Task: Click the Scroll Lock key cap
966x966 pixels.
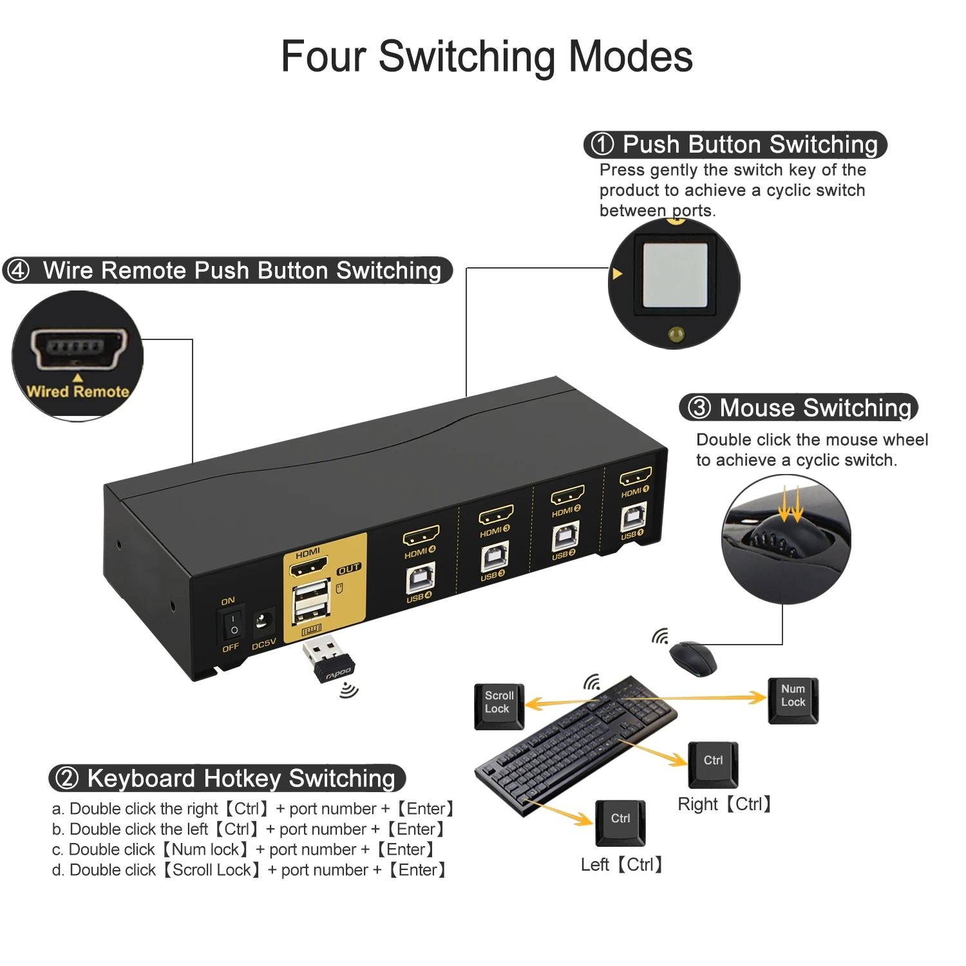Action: tap(499, 706)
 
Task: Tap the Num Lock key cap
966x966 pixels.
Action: tap(793, 699)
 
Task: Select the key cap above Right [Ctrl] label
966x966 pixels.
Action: tap(713, 764)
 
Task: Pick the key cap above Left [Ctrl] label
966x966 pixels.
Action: tap(620, 822)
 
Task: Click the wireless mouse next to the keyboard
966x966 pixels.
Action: tap(693, 658)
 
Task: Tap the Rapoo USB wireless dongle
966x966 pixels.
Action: tap(328, 659)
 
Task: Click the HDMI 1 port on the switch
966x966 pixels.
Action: tap(635, 477)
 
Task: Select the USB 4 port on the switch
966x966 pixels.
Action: tap(420, 578)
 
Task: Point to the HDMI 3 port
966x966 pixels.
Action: tap(496, 515)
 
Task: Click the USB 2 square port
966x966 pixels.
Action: tap(565, 536)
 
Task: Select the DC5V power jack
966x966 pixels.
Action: tap(262, 621)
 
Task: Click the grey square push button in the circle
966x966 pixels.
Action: tap(675, 275)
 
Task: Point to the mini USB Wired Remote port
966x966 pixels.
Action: tap(78, 349)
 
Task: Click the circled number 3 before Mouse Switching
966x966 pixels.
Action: tap(699, 408)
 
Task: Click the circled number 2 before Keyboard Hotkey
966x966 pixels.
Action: tap(67, 778)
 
